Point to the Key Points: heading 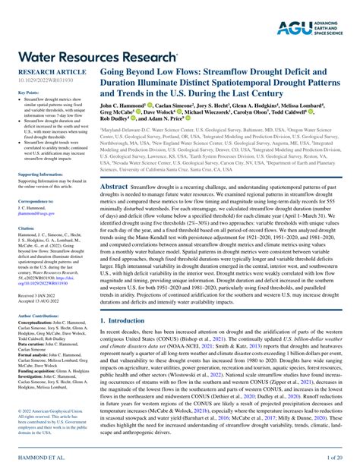point(28,93)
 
